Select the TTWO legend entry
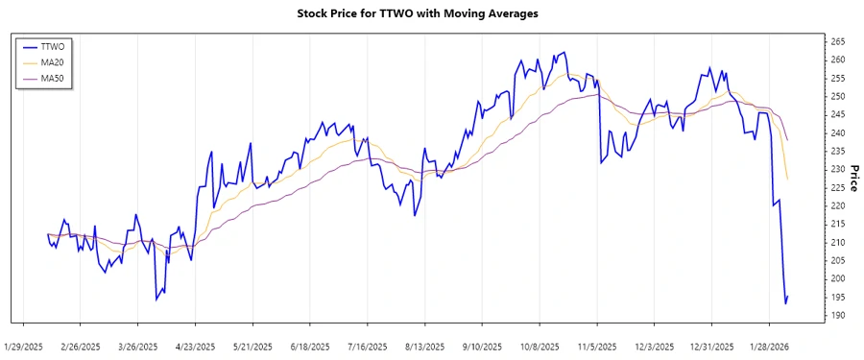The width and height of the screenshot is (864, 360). [x=54, y=46]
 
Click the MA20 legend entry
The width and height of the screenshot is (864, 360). [x=54, y=62]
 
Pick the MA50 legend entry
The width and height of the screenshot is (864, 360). [x=54, y=79]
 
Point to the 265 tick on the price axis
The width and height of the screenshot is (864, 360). [x=837, y=42]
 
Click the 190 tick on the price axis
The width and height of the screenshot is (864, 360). [x=837, y=315]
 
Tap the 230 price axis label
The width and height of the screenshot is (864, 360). [x=837, y=170]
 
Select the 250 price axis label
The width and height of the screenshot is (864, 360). [x=837, y=97]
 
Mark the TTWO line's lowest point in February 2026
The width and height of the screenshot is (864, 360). [x=785, y=303]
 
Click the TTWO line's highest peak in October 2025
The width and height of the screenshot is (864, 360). [x=564, y=53]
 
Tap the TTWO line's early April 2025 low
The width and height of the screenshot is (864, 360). [x=156, y=300]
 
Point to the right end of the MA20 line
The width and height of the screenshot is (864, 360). [x=788, y=180]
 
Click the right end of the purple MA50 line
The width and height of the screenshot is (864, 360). [x=788, y=140]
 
